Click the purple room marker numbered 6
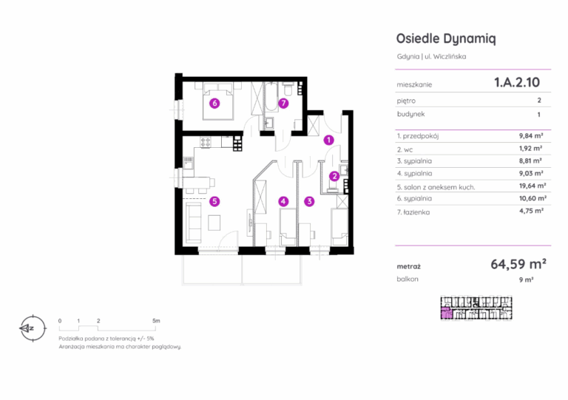click(214, 104)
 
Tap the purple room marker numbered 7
click(283, 104)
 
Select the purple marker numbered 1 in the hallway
click(328, 140)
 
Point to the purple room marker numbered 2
click(334, 176)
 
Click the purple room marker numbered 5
click(214, 201)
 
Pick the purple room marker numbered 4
click(283, 201)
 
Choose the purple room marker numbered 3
click(309, 201)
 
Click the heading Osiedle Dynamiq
click(446, 38)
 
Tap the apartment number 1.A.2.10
click(517, 83)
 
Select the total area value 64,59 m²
click(518, 264)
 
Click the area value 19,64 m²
click(532, 186)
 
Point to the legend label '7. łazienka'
click(413, 212)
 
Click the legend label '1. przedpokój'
click(418, 136)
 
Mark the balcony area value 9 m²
click(527, 279)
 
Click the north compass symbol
click(33, 328)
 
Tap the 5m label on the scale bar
click(156, 321)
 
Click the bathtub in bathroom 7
click(271, 97)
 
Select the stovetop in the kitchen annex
click(206, 142)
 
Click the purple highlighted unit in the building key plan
click(447, 313)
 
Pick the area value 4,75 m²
click(532, 211)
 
